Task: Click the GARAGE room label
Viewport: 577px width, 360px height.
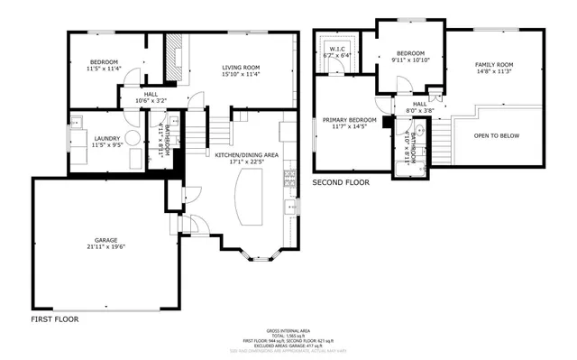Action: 105,239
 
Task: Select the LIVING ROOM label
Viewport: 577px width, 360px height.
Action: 241,68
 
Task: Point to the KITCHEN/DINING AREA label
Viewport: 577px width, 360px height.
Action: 246,155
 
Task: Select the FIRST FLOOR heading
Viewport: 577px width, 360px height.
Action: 54,319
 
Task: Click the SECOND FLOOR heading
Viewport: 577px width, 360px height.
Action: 341,182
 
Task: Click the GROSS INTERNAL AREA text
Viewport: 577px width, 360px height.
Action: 288,328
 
